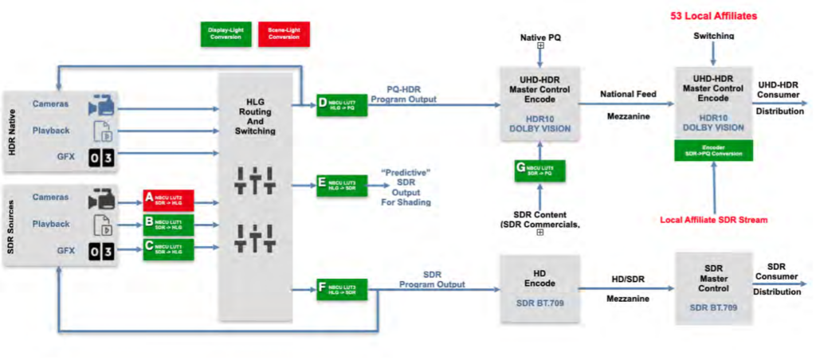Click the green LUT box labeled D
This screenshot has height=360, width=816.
tap(342, 106)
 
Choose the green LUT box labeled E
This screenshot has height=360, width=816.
tap(342, 185)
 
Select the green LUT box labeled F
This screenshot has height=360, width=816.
tap(342, 289)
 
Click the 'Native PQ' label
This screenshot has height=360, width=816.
tap(539, 37)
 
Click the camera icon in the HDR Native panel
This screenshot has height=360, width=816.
tap(103, 104)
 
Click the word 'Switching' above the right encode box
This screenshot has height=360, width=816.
tap(713, 36)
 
